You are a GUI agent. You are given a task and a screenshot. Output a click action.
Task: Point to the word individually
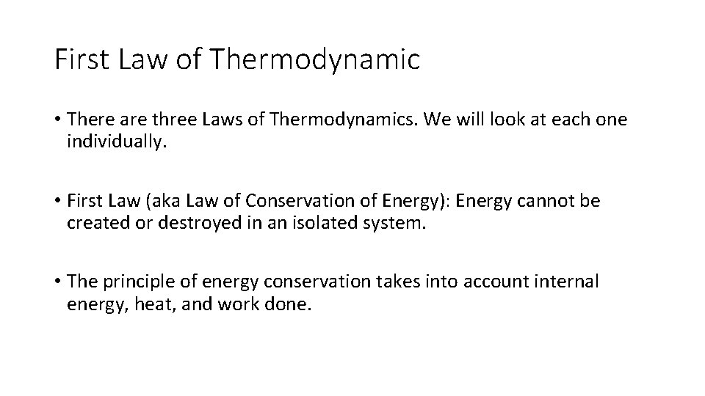(117, 141)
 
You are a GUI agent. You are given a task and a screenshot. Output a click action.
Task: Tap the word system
(398, 222)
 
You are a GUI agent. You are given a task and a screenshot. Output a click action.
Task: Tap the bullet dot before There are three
(57, 120)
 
